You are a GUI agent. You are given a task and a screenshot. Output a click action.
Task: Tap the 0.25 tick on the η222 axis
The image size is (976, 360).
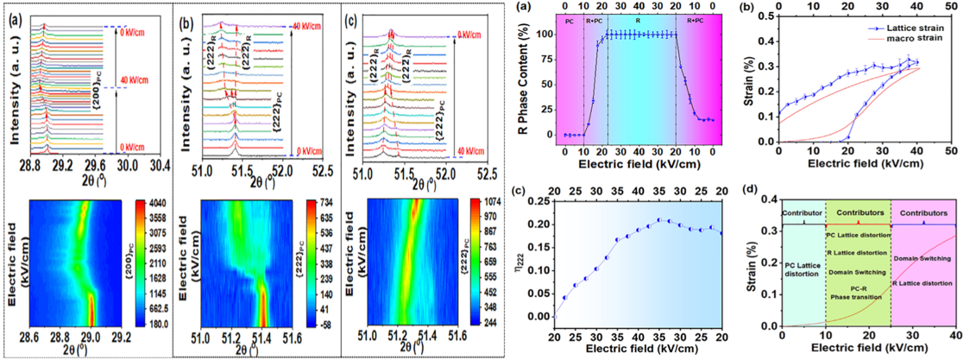point(543,201)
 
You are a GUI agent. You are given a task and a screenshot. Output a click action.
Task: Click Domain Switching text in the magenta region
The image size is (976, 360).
point(923,258)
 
